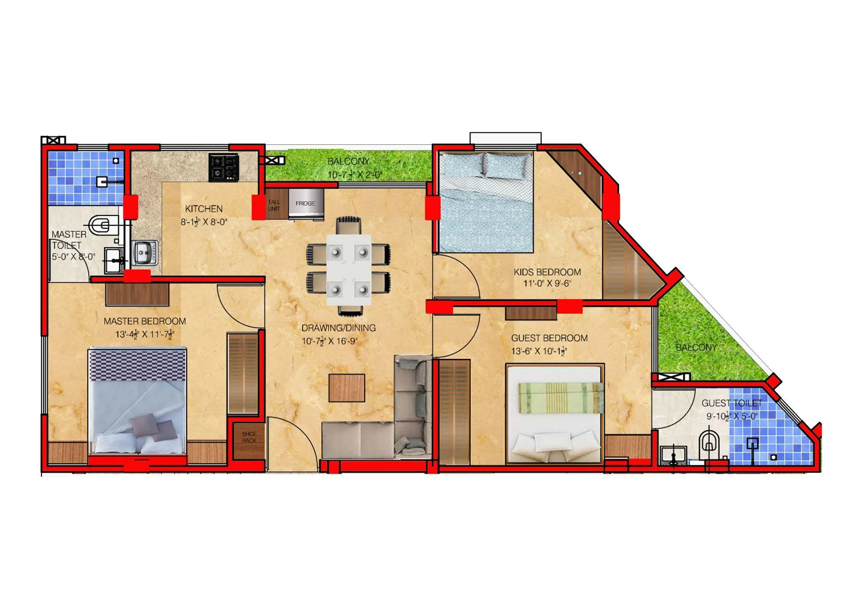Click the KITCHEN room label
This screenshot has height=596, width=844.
tap(203, 209)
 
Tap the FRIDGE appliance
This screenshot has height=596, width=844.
tap(306, 204)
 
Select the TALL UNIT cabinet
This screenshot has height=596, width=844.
tap(274, 205)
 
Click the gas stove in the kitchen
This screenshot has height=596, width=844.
tap(224, 167)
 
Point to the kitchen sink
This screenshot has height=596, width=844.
tap(145, 253)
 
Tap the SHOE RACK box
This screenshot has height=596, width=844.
tap(249, 437)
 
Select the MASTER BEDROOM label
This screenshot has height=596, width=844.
tap(145, 321)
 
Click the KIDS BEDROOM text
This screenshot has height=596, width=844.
tap(547, 272)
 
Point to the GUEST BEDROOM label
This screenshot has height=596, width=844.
tap(549, 338)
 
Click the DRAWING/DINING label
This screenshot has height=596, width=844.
tap(338, 328)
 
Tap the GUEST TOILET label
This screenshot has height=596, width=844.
tap(732, 403)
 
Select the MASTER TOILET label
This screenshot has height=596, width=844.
tap(68, 240)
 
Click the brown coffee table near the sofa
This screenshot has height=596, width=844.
tap(347, 388)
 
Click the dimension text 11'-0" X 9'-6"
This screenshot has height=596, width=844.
tap(547, 283)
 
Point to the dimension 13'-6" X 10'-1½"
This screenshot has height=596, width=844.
tap(539, 351)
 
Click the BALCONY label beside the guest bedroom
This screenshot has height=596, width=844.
tap(696, 348)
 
